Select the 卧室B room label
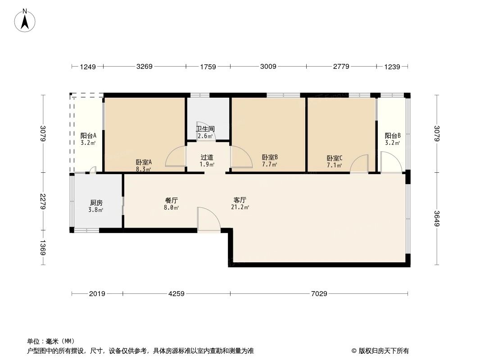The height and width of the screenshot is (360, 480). click(270, 157)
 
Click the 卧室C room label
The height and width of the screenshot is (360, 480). click(335, 158)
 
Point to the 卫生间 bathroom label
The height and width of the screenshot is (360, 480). click(205, 129)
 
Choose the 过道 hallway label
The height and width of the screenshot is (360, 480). click(207, 157)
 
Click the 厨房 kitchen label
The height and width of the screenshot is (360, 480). click(96, 203)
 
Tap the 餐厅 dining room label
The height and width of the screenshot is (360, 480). click(172, 200)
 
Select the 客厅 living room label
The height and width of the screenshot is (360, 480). click(240, 200)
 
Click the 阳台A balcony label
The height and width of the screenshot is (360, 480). click(88, 135)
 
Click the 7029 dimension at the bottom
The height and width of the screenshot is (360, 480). click(319, 294)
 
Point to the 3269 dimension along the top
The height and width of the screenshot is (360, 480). click(145, 67)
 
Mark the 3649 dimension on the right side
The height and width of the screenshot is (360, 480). click(437, 219)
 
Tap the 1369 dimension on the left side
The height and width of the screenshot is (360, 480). click(43, 247)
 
